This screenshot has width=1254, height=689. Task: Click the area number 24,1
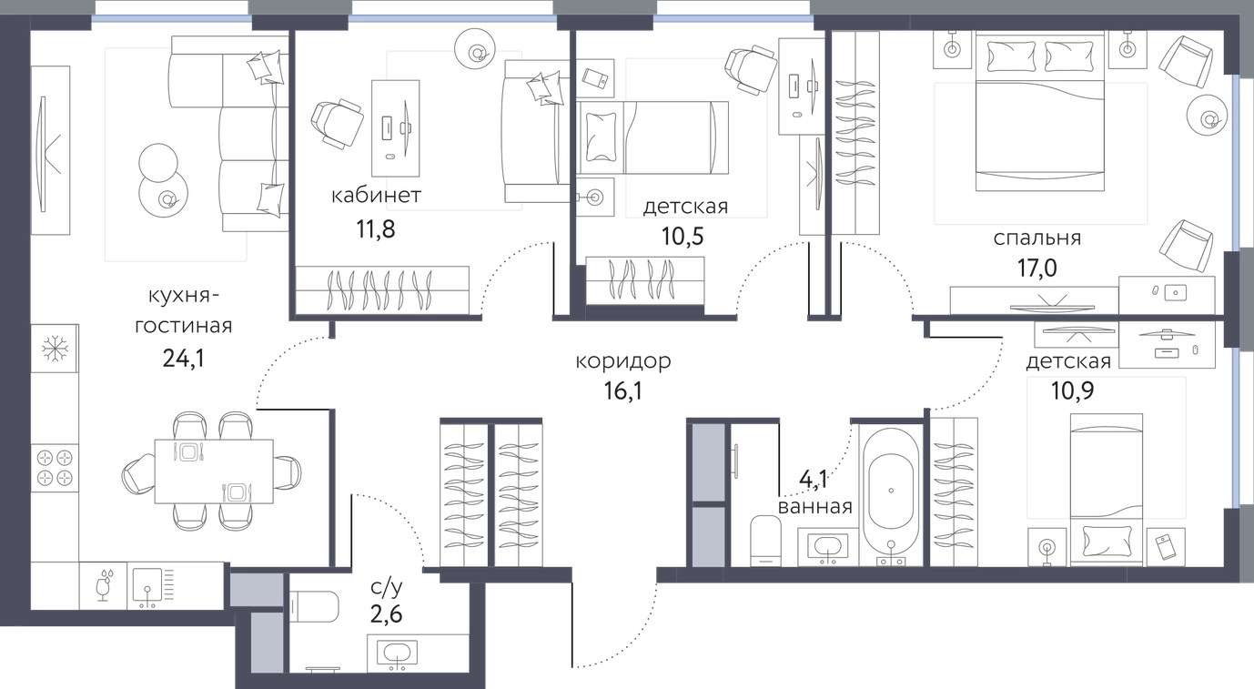(x=184, y=359)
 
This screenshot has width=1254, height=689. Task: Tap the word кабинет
(x=376, y=196)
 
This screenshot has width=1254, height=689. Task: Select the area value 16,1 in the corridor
(x=623, y=390)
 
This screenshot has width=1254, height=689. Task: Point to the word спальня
(x=1037, y=238)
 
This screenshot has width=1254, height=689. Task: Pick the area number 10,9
(x=1072, y=390)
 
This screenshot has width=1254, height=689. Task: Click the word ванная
(x=815, y=507)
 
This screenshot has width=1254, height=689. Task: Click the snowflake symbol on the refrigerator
(x=55, y=348)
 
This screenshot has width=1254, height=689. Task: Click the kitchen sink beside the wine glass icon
(x=147, y=586)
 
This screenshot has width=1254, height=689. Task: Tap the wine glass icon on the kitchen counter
(x=104, y=586)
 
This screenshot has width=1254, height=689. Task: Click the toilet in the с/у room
(x=315, y=607)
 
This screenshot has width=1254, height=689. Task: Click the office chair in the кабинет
(x=337, y=125)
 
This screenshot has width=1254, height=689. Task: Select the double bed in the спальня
(x=1040, y=111)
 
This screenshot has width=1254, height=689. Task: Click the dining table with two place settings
(x=214, y=471)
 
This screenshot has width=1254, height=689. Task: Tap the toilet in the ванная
(x=765, y=540)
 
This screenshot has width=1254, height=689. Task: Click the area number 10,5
(x=683, y=237)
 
